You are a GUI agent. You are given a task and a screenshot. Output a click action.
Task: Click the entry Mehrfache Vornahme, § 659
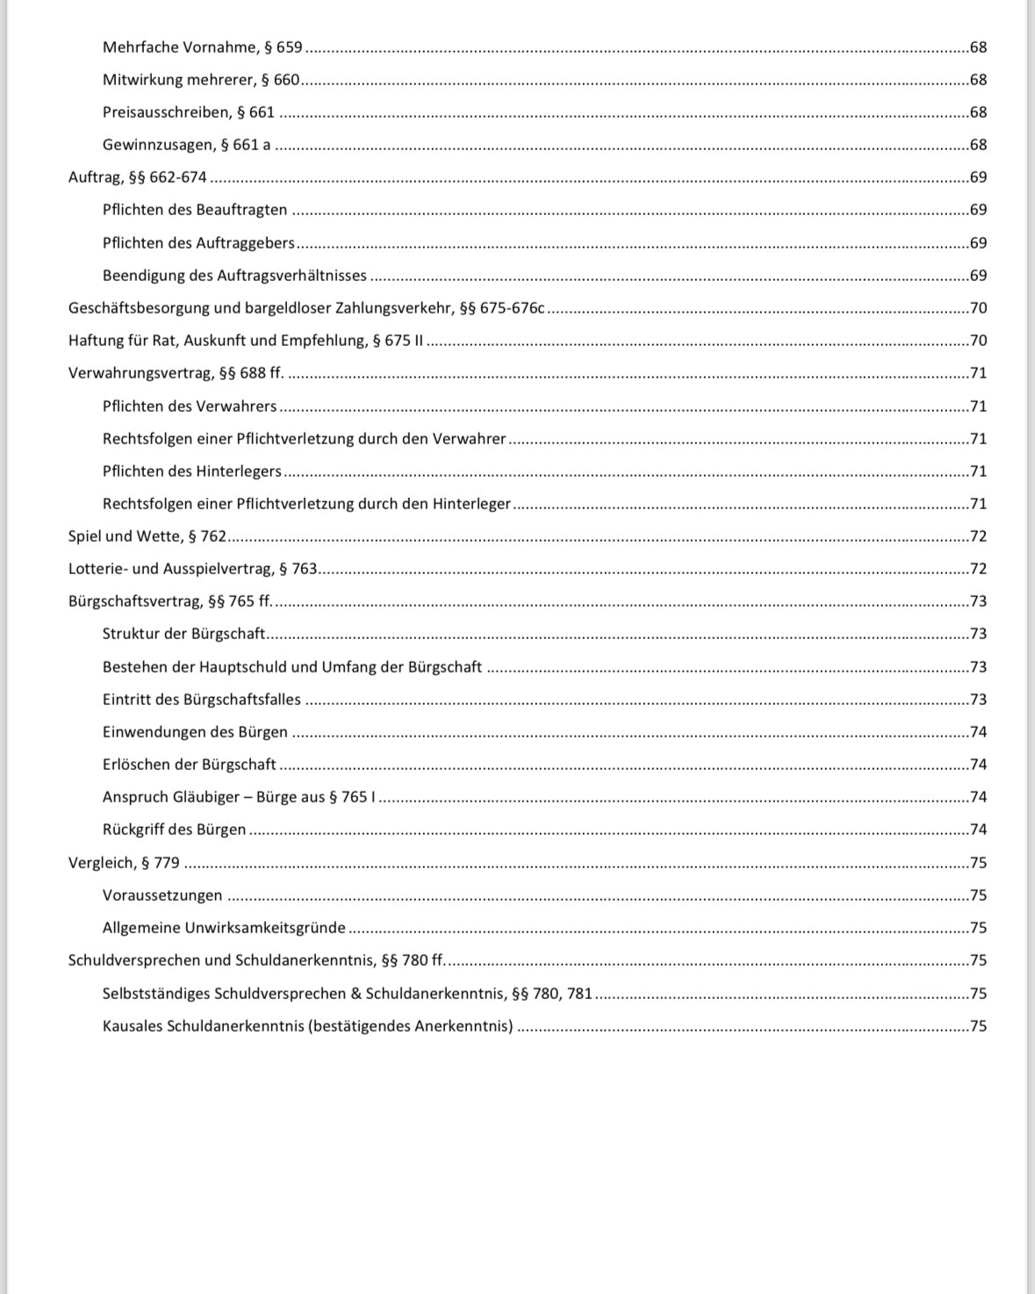tap(202, 47)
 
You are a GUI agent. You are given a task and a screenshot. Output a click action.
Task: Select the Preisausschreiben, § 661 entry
tap(188, 112)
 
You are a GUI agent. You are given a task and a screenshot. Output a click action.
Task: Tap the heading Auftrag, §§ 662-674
tap(137, 177)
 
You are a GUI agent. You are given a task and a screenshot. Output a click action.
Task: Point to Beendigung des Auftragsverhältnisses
tap(234, 276)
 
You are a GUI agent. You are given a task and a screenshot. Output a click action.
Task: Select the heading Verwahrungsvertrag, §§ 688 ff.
tap(176, 373)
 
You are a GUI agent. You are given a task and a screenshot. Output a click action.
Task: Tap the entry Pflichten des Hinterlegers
tap(191, 471)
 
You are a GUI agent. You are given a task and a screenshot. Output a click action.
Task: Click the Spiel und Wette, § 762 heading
tap(147, 536)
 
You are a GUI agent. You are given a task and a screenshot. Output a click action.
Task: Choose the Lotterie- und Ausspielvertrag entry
tap(192, 569)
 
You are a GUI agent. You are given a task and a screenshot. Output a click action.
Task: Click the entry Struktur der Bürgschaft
tap(184, 634)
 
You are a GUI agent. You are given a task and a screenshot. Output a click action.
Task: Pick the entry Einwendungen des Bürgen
tap(195, 732)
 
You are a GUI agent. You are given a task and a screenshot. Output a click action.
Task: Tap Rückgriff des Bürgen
tap(174, 830)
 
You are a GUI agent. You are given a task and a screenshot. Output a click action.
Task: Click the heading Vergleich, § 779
tap(124, 863)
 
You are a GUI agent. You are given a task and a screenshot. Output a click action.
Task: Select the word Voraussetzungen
tap(162, 895)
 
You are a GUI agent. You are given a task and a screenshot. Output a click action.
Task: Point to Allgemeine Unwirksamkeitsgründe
tap(224, 928)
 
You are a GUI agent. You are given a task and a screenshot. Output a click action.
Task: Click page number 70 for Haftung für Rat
tap(978, 341)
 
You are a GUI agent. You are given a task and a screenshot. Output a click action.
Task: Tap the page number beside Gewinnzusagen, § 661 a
tap(978, 145)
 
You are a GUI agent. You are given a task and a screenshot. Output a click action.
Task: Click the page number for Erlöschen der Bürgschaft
tap(978, 765)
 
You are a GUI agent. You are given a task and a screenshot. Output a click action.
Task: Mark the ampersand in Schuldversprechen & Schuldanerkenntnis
tap(356, 994)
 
